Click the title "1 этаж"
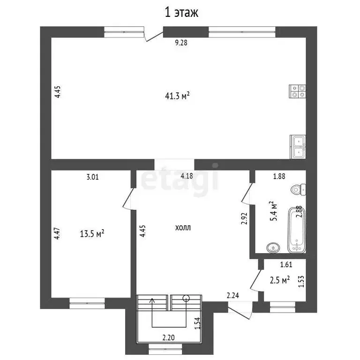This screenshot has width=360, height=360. [x=181, y=12]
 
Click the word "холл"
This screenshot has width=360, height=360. [x=183, y=228]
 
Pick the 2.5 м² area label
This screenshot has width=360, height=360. [x=280, y=279]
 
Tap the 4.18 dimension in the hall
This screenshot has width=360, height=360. [x=187, y=176]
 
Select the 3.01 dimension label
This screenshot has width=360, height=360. [x=92, y=177]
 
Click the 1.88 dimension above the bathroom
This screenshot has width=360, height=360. [x=280, y=177]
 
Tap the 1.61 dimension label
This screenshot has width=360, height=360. [x=286, y=265]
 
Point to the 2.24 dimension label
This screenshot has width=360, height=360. [x=233, y=295]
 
